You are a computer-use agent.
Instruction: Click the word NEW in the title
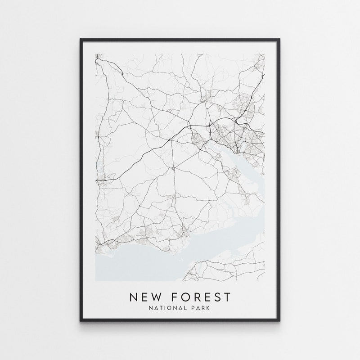[x=147, y=297]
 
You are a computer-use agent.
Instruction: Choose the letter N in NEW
[x=134, y=297]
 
